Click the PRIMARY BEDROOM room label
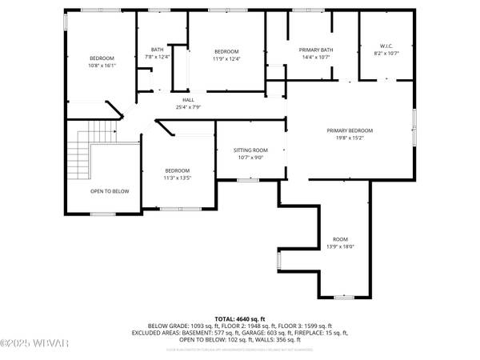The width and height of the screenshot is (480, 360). (350, 130)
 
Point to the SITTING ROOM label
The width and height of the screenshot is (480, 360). (250, 150)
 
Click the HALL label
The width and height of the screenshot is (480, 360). (187, 100)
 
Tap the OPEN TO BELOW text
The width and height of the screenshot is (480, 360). (110, 191)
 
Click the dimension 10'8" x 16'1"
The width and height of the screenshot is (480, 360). (102, 66)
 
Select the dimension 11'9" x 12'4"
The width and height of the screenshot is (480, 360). (226, 58)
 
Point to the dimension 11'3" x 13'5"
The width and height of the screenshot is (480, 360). (177, 178)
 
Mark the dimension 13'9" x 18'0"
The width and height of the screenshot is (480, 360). (341, 247)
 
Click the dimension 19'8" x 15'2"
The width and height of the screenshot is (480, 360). (350, 138)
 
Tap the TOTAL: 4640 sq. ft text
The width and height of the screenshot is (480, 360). (239, 318)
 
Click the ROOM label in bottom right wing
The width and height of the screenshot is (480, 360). (341, 240)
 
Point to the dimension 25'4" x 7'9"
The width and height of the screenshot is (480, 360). (187, 107)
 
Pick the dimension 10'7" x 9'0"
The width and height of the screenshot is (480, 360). (250, 158)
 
